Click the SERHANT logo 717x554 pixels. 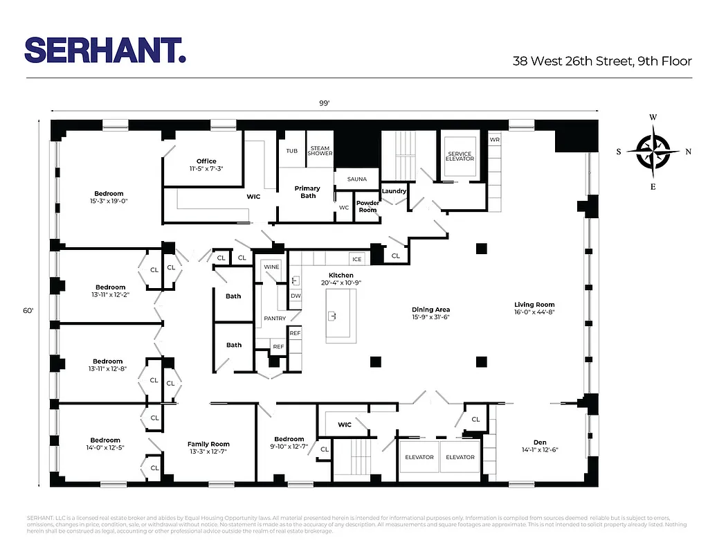click(x=105, y=50)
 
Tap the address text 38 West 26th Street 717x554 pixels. click(x=601, y=61)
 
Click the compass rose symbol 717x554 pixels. click(x=653, y=151)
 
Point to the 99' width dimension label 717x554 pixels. click(x=324, y=103)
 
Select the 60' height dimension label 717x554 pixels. click(x=28, y=311)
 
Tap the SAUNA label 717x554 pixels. click(x=357, y=179)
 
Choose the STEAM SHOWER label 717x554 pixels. click(x=320, y=151)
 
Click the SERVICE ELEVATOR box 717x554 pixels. click(x=460, y=157)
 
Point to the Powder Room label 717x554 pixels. click(x=367, y=206)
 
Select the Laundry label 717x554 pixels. click(x=394, y=191)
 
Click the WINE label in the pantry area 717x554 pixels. click(x=271, y=267)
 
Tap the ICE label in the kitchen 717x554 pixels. click(x=357, y=259)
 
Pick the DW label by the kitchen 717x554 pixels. click(x=296, y=296)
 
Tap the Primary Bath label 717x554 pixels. click(x=308, y=192)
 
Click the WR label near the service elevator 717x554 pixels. click(x=494, y=139)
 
